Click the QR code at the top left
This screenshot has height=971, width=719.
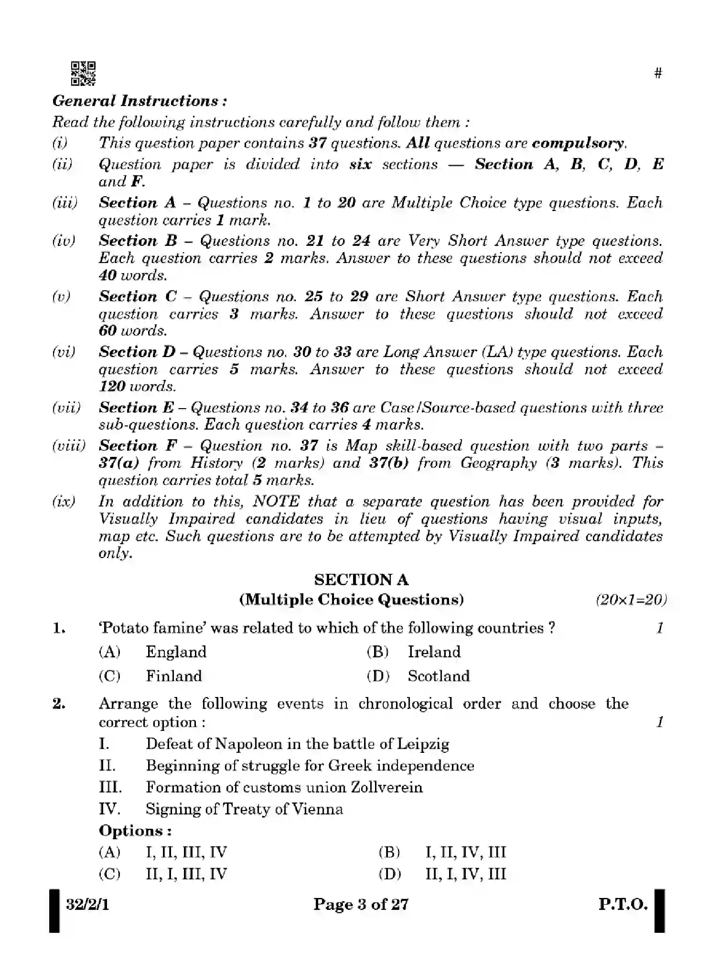(x=83, y=74)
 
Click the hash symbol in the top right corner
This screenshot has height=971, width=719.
(x=658, y=73)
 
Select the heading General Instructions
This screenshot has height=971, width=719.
(x=139, y=101)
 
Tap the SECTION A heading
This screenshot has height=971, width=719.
(x=361, y=580)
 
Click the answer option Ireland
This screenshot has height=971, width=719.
(x=434, y=652)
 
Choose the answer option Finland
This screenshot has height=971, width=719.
(x=173, y=676)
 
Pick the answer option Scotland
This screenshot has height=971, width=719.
(x=439, y=676)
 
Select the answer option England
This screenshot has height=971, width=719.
(x=176, y=652)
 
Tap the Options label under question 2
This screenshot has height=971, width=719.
(x=135, y=831)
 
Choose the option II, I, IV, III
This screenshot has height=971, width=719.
(x=465, y=874)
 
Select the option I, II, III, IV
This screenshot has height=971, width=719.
(x=186, y=852)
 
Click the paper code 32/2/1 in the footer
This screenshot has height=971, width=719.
(x=87, y=905)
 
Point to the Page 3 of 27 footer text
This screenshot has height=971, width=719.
(x=361, y=905)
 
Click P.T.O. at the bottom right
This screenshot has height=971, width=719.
(x=623, y=905)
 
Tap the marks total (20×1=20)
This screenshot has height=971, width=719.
(x=631, y=600)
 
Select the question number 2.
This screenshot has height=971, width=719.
(x=59, y=704)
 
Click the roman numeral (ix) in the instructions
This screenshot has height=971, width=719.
(x=63, y=502)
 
